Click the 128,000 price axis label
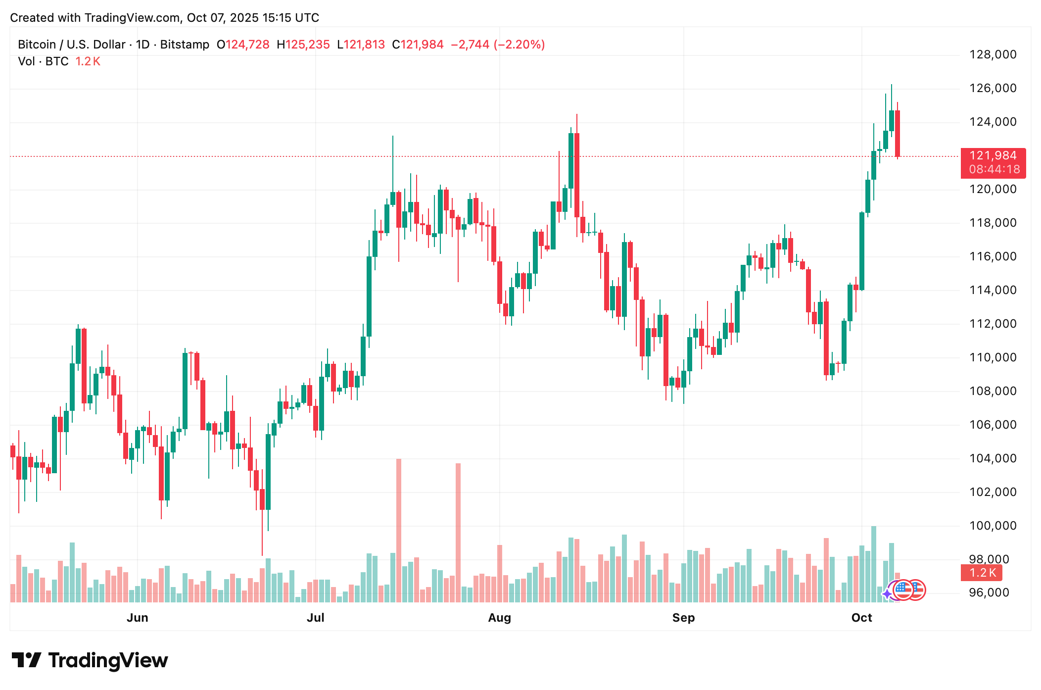(993, 54)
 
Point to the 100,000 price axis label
(993, 526)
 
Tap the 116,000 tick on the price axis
(993, 256)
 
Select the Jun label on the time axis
(138, 618)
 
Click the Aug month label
(499, 618)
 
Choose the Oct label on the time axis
(861, 618)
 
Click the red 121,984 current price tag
(993, 156)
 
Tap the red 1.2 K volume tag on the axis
(982, 573)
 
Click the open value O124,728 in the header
(243, 45)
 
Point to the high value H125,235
(303, 45)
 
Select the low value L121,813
(361, 45)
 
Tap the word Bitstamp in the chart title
(185, 45)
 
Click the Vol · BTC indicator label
(43, 61)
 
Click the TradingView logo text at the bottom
(108, 661)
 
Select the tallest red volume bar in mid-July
(399, 530)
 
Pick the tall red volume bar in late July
(458, 532)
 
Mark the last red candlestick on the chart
(898, 134)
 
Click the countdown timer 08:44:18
(994, 170)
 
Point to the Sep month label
(683, 618)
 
